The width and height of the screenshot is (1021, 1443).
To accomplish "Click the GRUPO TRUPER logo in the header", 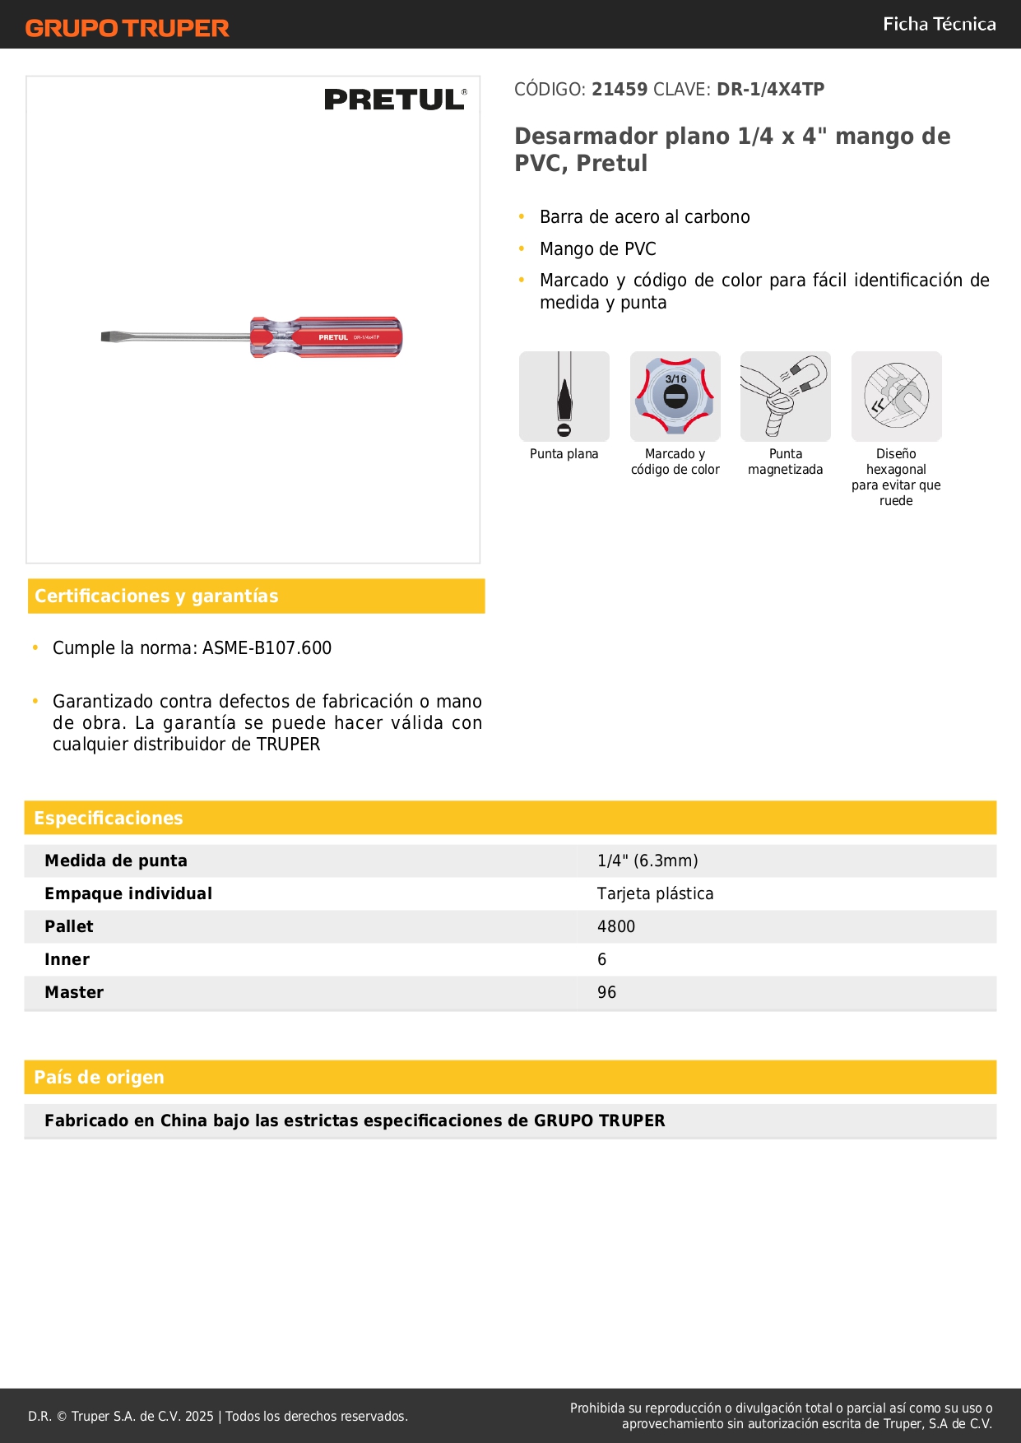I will pyautogui.click(x=127, y=28).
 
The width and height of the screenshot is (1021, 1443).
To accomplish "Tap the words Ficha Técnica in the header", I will pyautogui.click(x=939, y=24).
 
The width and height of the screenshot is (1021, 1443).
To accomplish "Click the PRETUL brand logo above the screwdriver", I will pyautogui.click(x=395, y=100).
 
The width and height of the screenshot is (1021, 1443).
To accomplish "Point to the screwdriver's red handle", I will pyautogui.click(x=329, y=337).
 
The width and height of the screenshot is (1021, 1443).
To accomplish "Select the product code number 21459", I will pyautogui.click(x=620, y=90).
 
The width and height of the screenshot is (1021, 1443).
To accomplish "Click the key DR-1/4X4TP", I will pyautogui.click(x=770, y=90).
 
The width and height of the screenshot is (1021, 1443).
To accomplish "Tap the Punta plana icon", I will pyautogui.click(x=564, y=397).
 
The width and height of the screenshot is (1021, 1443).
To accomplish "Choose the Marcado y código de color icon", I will pyautogui.click(x=675, y=397).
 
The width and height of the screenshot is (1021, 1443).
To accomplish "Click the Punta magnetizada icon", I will pyautogui.click(x=786, y=397).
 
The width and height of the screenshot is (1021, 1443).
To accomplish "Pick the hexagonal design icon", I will pyautogui.click(x=896, y=397).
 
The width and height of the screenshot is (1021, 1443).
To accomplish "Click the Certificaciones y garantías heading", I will pyautogui.click(x=156, y=596).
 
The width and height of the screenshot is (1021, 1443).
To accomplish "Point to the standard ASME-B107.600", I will pyautogui.click(x=267, y=648).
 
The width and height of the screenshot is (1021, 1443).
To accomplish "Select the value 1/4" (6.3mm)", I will pyautogui.click(x=647, y=861).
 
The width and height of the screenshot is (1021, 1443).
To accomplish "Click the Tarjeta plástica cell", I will pyautogui.click(x=655, y=894).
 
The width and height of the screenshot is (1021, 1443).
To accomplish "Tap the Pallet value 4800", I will pyautogui.click(x=616, y=927).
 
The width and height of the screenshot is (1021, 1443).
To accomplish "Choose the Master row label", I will pyautogui.click(x=74, y=993).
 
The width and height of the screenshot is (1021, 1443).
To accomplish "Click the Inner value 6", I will pyautogui.click(x=602, y=960).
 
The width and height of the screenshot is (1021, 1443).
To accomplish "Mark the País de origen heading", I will pyautogui.click(x=99, y=1078).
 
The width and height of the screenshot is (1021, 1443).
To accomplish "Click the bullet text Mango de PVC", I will pyautogui.click(x=598, y=249).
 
